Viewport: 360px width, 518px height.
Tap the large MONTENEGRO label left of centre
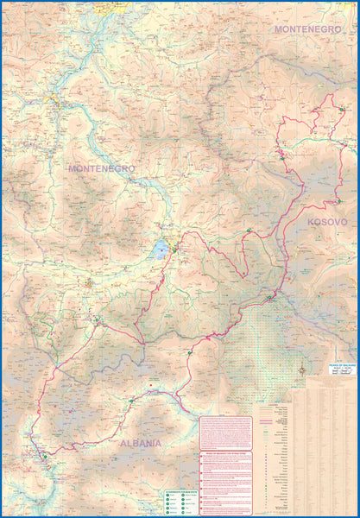tap(101, 168)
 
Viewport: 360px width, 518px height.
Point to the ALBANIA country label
tap(136, 443)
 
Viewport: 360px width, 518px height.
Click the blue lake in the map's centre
tap(161, 250)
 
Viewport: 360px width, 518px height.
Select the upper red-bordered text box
tap(226, 433)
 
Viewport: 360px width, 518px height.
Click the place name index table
tap(324, 449)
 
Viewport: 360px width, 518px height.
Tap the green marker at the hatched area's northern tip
tap(269, 298)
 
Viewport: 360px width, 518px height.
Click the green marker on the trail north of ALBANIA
tap(131, 401)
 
